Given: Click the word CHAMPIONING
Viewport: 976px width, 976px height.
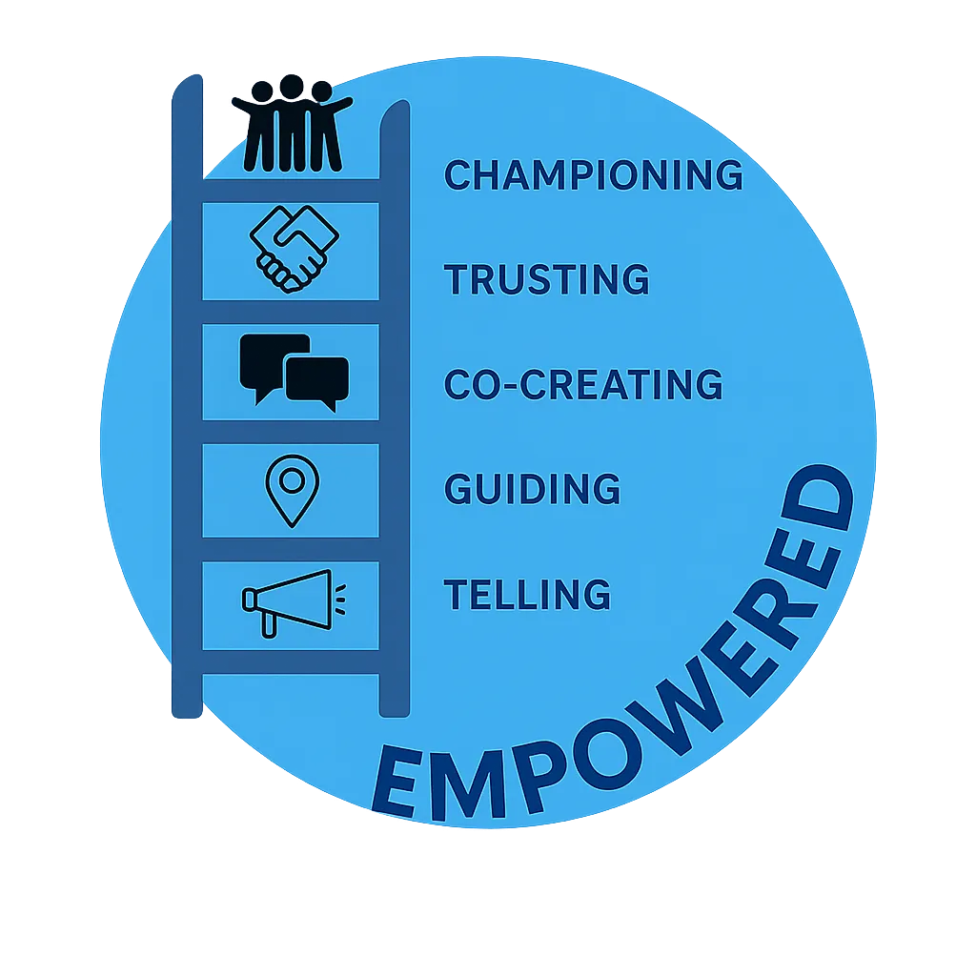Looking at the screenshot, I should coord(593,175).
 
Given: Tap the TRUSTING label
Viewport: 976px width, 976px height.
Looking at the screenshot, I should coord(547,280).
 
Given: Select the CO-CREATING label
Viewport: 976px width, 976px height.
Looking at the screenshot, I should coord(583,384).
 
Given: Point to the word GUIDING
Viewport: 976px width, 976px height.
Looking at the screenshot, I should coord(532,489).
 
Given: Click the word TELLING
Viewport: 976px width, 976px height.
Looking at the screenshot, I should coord(527,594).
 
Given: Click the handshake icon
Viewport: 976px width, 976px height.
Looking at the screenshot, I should coord(294,248).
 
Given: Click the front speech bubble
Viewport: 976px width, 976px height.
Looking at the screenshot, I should coord(318,381).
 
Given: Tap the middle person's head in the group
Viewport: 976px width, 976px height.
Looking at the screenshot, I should coord(291,88).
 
